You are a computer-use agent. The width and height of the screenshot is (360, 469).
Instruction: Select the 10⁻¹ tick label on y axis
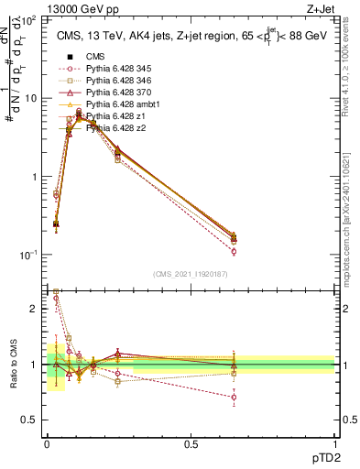point(32,255)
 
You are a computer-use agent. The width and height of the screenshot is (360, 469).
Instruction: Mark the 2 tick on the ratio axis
point(35,309)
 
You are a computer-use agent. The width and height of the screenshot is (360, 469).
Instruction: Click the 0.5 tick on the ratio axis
point(32,420)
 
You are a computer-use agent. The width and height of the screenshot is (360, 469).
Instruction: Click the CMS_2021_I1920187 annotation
point(190,273)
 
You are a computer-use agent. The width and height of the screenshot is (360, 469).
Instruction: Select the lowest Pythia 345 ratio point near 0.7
point(234,398)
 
